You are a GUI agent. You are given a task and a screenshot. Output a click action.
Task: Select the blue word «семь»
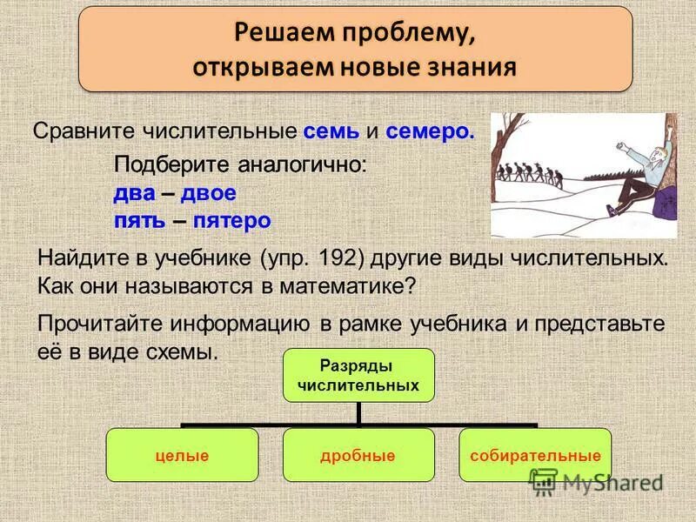331,132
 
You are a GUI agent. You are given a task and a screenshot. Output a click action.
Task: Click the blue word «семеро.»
431,132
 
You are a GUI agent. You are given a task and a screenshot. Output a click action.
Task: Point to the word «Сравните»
81,132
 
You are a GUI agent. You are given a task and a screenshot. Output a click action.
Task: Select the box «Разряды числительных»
358,375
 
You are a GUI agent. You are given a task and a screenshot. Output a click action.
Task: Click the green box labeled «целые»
182,455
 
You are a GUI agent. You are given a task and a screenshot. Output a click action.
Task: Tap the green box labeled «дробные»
358,455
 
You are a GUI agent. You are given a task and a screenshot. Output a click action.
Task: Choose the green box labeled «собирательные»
535,455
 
